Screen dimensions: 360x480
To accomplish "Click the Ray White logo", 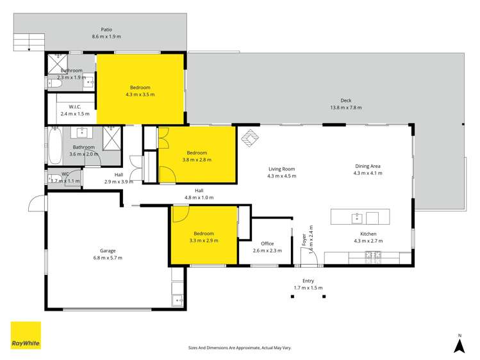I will (26, 335).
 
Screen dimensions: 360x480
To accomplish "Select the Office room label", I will (267, 243).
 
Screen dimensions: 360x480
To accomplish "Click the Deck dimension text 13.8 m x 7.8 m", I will (346, 108).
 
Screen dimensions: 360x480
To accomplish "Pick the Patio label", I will (106, 29).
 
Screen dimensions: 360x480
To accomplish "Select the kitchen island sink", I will (357, 218).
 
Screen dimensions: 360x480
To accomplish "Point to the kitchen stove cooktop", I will (372, 257).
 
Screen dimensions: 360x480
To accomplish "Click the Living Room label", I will (282, 169).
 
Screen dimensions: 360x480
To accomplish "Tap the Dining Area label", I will (368, 165).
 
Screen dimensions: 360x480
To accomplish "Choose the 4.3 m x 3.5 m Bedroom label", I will (140, 87).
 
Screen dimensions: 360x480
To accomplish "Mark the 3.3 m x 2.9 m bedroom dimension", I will (204, 241).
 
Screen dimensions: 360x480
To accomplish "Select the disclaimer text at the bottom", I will (240, 347).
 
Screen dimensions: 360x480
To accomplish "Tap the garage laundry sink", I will (178, 299).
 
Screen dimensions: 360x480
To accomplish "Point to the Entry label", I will (308, 281).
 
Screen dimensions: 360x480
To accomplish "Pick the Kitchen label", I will (368, 234).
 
